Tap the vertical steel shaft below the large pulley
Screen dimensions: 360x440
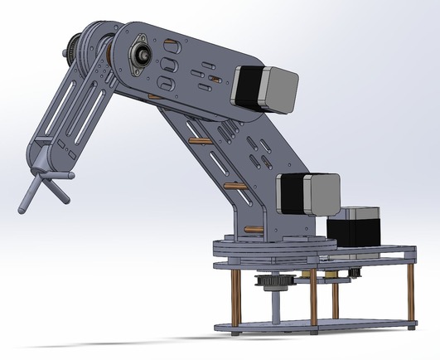tap(274, 309)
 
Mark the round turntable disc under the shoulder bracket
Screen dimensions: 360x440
tap(273, 246)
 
